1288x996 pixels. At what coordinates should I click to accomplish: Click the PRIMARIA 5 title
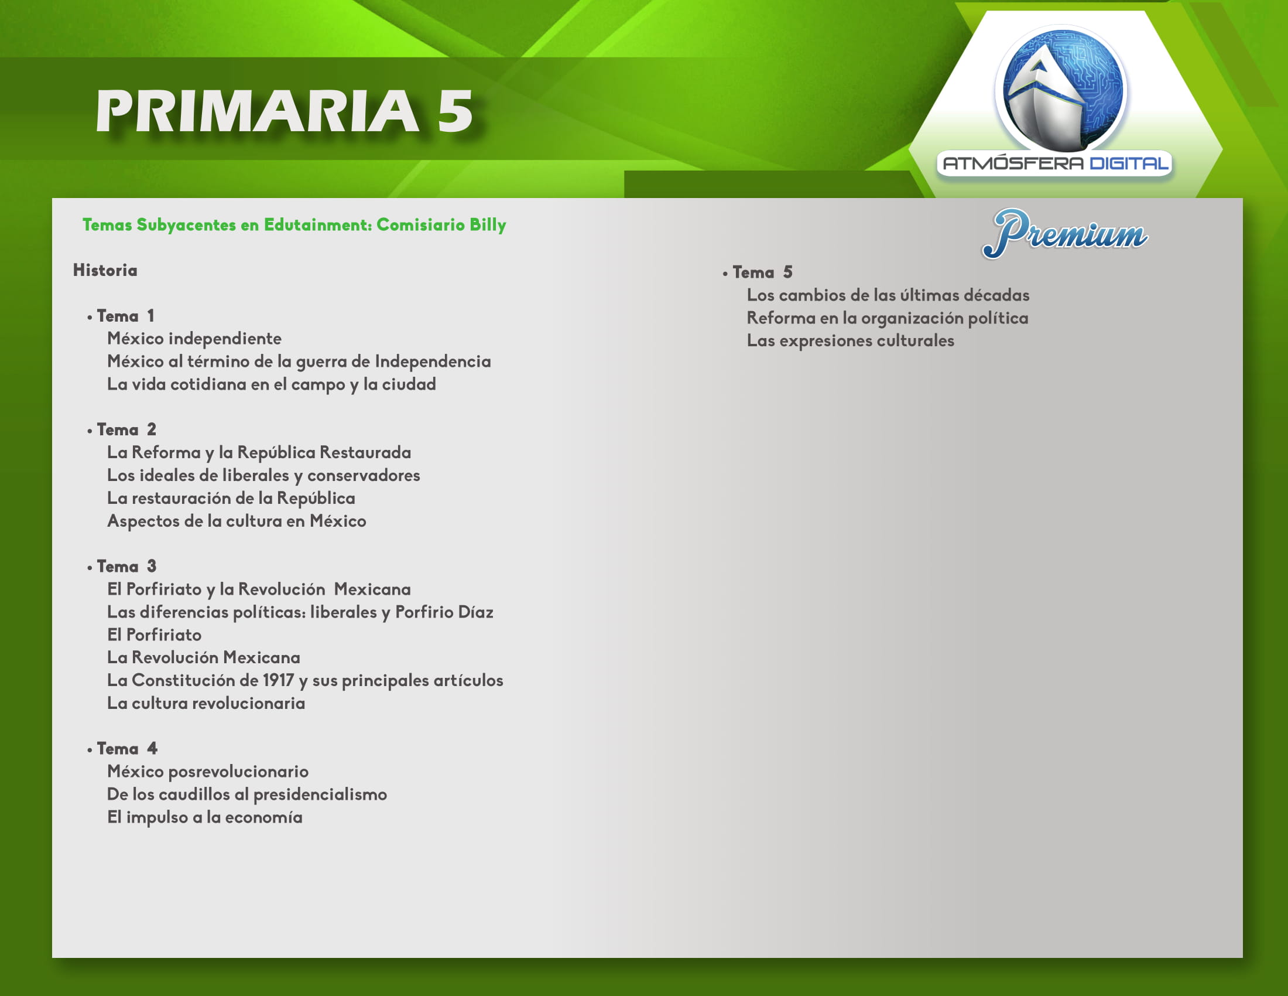285,111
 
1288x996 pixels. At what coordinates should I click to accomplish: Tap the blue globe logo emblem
1061,89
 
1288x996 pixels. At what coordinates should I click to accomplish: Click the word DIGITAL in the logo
1129,163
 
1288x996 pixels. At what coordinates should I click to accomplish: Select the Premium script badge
1065,234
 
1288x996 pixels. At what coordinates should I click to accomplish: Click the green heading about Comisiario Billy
294,225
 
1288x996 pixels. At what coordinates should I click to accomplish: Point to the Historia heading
105,270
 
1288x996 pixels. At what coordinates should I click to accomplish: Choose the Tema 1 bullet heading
121,316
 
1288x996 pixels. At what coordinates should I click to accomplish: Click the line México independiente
194,339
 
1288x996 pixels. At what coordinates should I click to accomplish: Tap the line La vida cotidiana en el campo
271,385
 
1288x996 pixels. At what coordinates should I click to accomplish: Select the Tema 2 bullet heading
122,429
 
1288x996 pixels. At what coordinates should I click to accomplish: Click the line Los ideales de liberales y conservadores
263,476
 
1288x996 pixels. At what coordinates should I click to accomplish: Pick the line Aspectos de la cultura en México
237,521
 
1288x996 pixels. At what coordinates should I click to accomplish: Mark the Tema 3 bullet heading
122,567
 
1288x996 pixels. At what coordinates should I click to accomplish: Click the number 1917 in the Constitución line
278,680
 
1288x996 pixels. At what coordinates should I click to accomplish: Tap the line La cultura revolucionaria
206,703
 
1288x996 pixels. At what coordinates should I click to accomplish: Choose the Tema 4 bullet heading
122,749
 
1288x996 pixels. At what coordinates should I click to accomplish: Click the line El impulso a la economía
205,818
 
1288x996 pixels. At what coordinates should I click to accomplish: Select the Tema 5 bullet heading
758,272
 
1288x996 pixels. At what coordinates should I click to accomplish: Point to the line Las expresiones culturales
851,341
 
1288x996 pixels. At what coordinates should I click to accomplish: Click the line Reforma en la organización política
888,319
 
